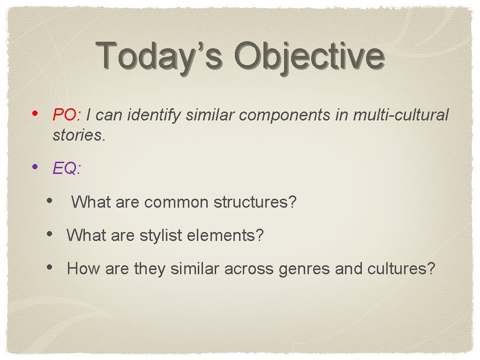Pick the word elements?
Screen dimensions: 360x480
(x=225, y=235)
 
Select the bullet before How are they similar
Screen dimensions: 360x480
(x=50, y=268)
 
